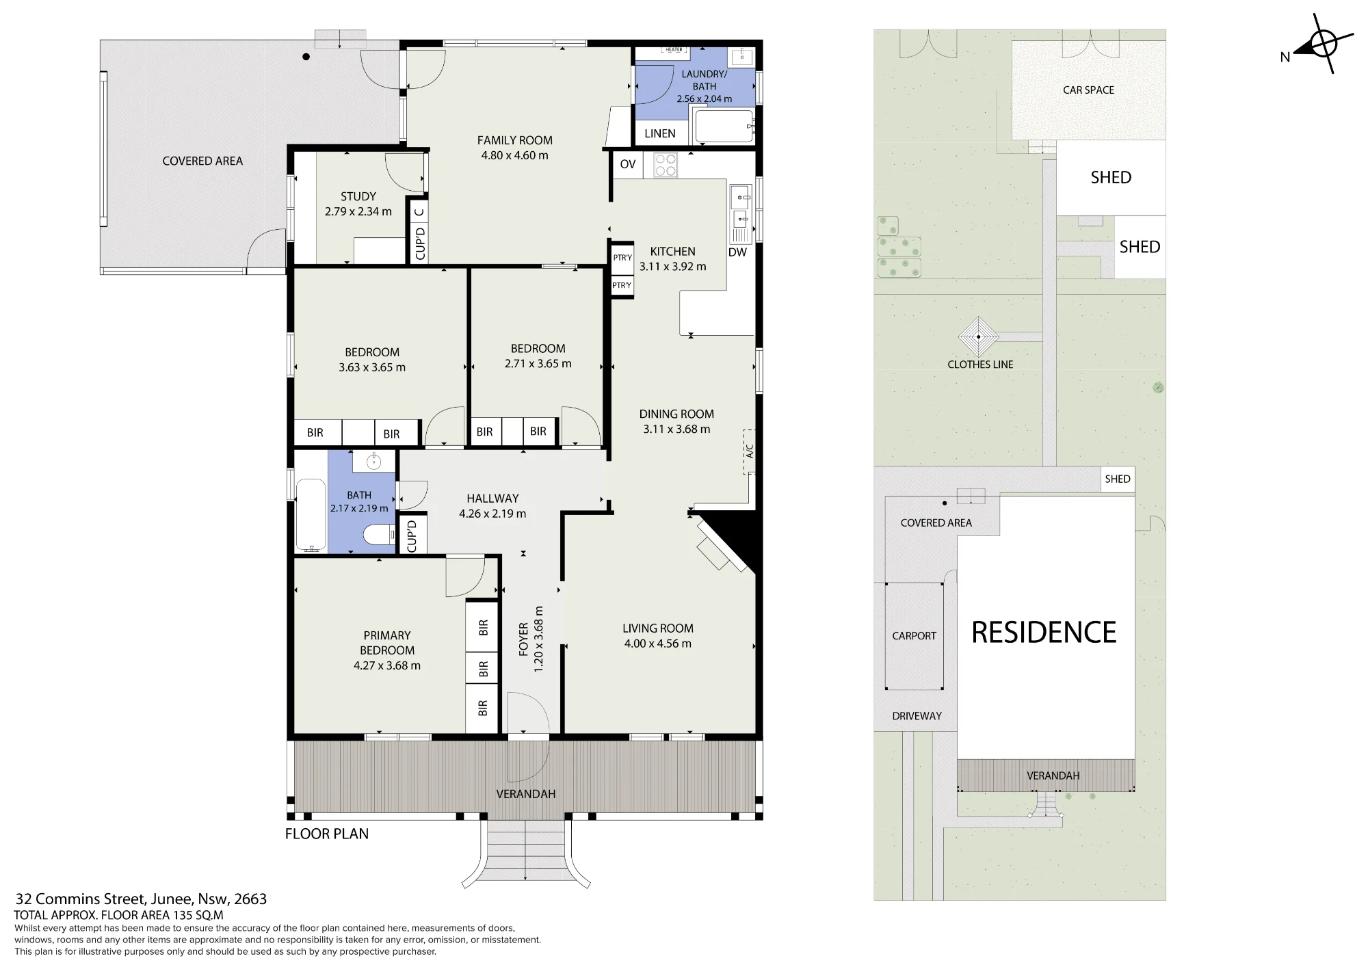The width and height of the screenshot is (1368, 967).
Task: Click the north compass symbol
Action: (x=1323, y=44)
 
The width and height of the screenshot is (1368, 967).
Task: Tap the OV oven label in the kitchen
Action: (x=627, y=164)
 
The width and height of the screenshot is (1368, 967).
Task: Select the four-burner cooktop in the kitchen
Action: (x=666, y=165)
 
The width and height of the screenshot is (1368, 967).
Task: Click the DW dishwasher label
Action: (x=737, y=252)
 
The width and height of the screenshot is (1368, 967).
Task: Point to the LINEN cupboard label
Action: (x=659, y=133)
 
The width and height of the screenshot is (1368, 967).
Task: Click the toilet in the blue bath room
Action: (x=378, y=535)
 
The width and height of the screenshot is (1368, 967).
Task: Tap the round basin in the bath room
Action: (x=373, y=462)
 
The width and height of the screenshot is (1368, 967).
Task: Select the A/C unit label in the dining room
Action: (x=750, y=451)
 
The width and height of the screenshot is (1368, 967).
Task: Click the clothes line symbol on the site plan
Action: (x=979, y=336)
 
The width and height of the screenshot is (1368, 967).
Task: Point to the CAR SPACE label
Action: (x=1088, y=90)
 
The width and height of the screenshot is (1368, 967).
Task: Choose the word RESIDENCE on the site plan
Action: (x=1044, y=633)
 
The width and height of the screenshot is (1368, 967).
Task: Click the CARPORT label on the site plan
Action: (x=914, y=636)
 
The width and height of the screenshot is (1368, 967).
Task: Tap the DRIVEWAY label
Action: (x=917, y=716)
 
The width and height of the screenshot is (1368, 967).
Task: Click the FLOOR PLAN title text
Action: (x=327, y=834)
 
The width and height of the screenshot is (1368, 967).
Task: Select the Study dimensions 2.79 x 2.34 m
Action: (x=358, y=211)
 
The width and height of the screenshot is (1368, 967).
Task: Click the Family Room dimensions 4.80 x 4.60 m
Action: (x=514, y=155)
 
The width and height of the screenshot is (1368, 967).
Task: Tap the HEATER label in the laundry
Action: (x=674, y=50)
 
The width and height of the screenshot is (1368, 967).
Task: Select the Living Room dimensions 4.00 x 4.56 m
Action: (x=657, y=644)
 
